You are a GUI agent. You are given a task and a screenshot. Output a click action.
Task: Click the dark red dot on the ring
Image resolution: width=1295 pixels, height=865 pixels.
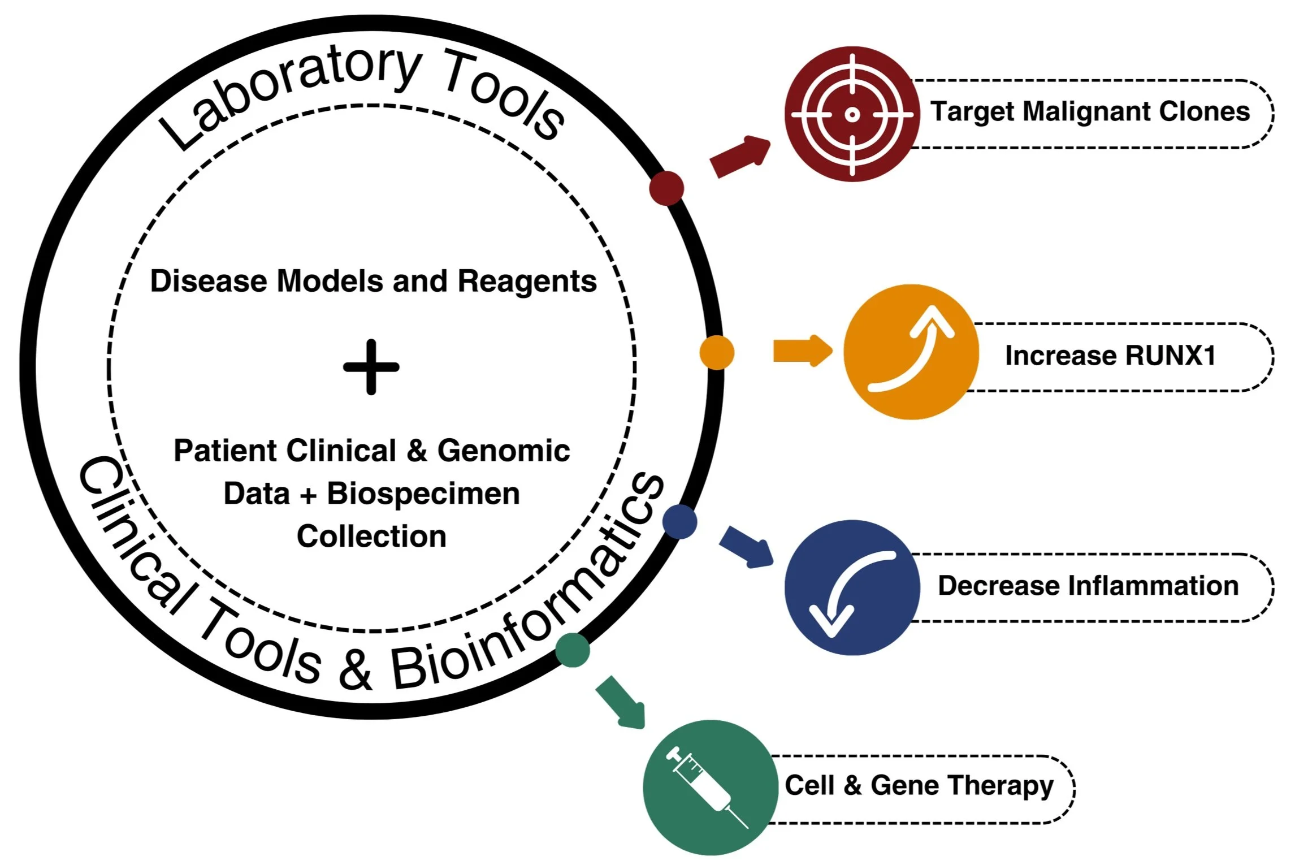coord(666,188)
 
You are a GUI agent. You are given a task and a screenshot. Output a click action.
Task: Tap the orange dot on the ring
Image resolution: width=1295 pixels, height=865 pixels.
coord(717,352)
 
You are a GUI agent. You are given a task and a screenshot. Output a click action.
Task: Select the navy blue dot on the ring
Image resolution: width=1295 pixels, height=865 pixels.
coord(680,521)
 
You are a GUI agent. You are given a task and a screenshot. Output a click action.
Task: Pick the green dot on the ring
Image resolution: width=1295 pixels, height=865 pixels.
coord(573,650)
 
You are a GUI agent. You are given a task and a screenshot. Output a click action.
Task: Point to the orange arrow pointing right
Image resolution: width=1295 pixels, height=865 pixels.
coord(802,351)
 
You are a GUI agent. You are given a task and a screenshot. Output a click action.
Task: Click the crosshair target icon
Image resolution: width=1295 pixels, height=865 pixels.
coord(852,114)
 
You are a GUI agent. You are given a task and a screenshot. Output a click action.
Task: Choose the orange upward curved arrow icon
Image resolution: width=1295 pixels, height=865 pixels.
coord(911,352)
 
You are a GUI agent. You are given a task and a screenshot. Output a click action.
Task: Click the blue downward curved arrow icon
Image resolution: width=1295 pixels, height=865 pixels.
coord(852,588)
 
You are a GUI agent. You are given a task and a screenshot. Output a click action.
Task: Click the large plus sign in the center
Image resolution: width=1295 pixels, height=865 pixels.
coord(371,367)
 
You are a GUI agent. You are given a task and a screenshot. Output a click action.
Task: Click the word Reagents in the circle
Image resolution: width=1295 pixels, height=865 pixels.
coord(526,282)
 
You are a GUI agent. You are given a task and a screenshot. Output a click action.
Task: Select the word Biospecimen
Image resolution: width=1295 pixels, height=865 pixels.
coord(423,494)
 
